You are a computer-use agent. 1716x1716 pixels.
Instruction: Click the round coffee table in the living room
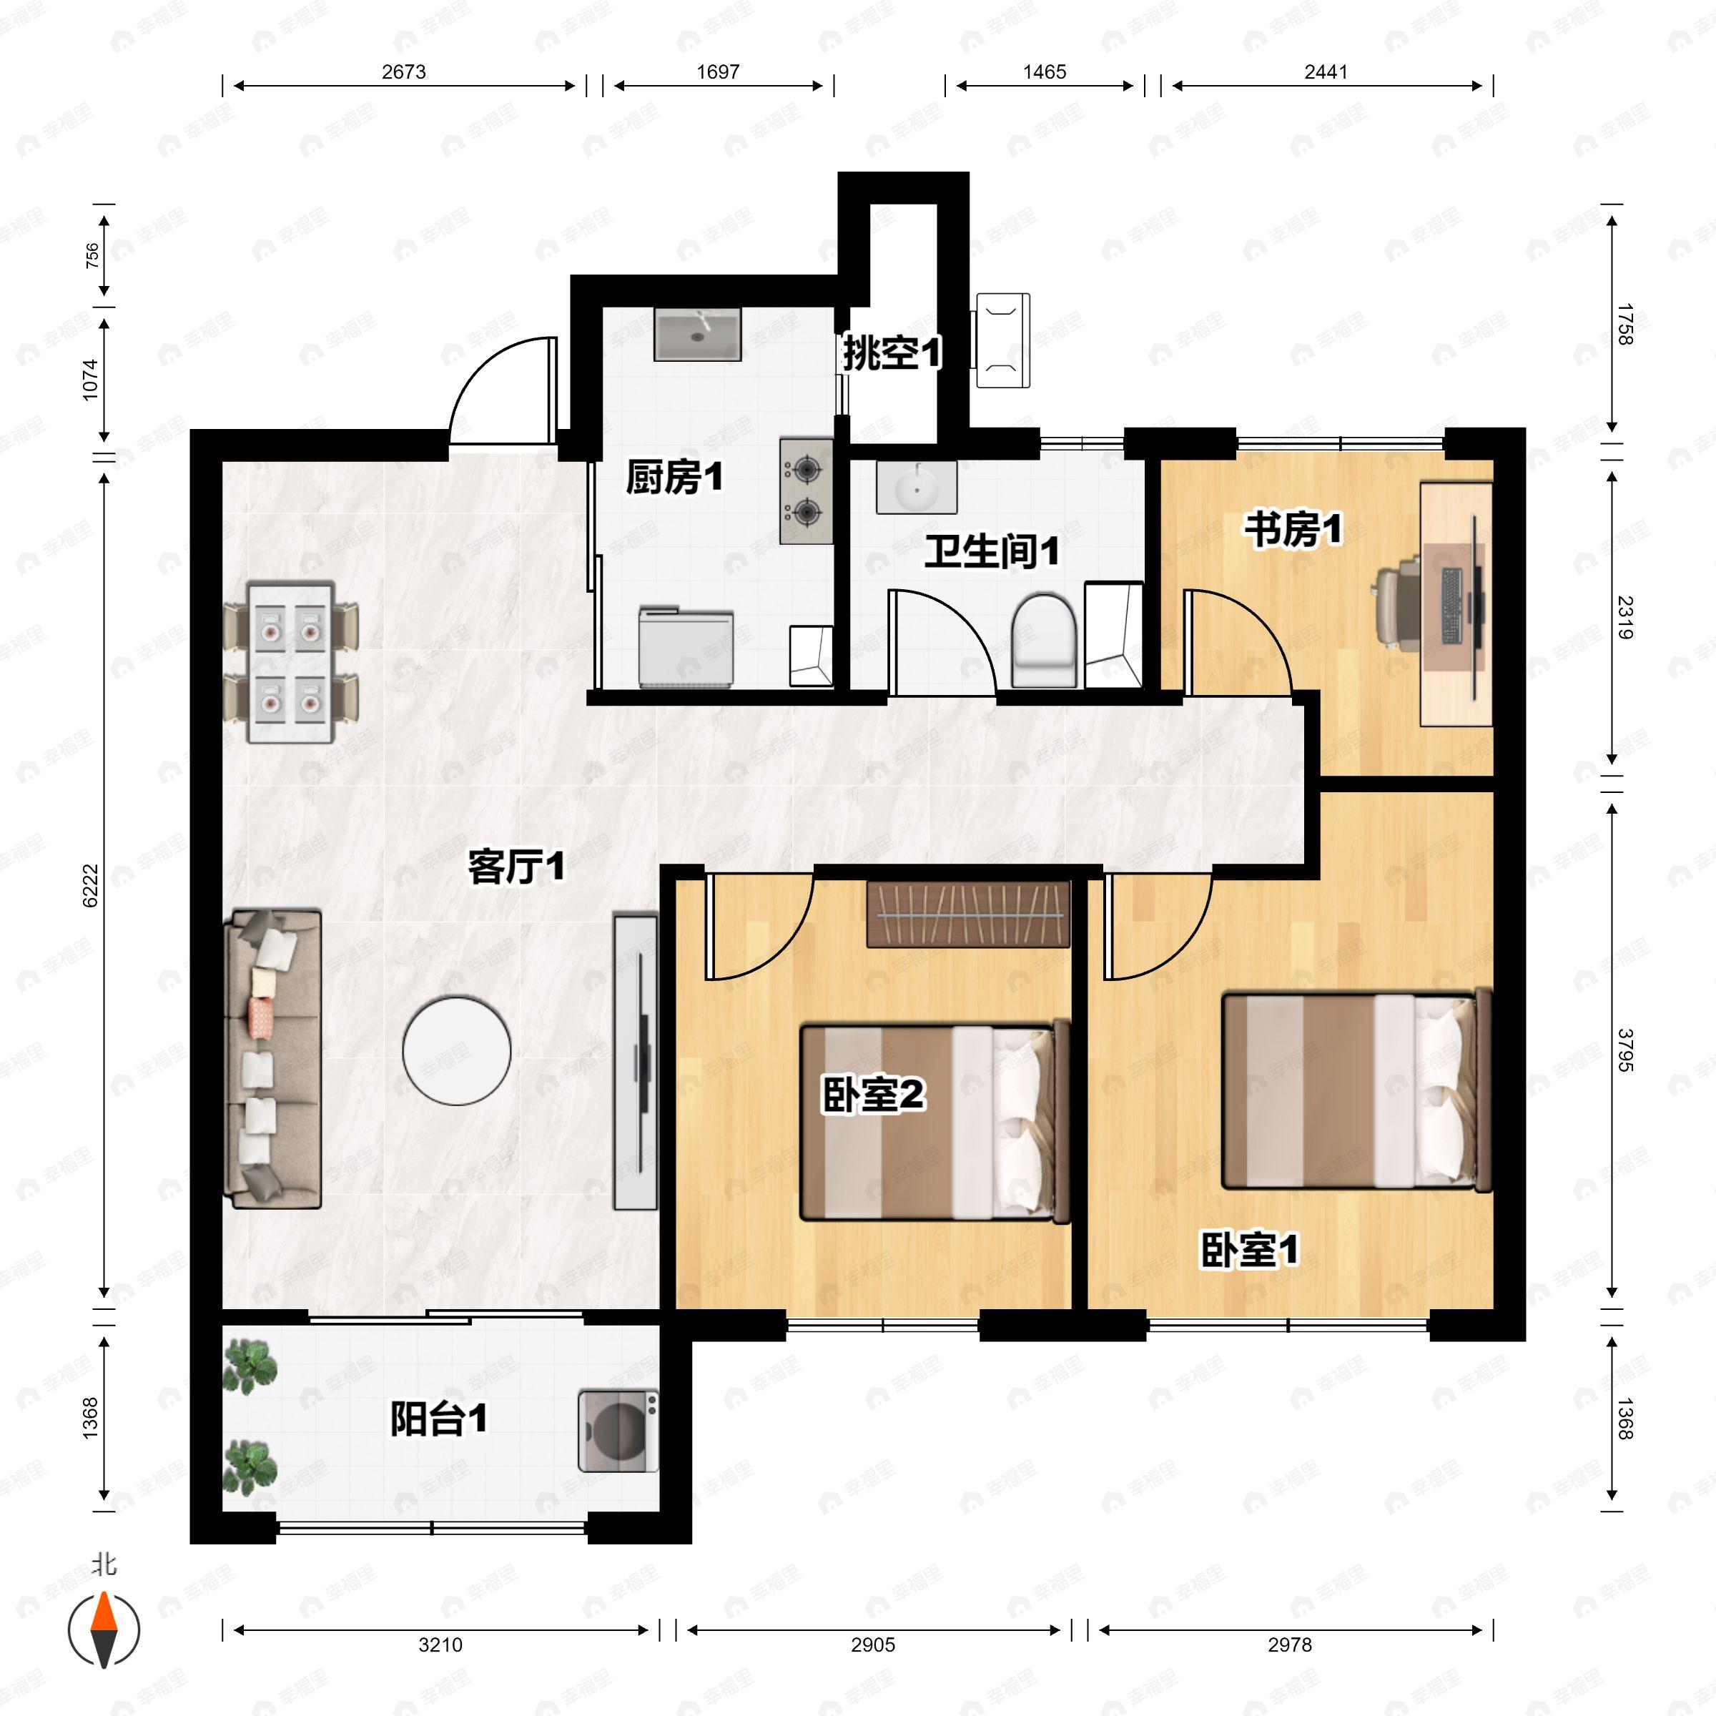point(457,1052)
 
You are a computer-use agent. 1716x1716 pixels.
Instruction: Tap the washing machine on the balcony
point(618,1431)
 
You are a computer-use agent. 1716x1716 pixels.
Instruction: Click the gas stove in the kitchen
point(807,490)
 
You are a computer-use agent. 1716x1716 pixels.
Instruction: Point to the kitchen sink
point(697,334)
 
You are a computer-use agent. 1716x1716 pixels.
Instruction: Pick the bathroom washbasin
point(916,487)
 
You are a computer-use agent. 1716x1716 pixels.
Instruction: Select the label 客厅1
point(516,866)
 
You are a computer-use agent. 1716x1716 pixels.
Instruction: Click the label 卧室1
point(1249,1250)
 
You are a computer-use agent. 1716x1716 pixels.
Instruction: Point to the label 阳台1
point(439,1419)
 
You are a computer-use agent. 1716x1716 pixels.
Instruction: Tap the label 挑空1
point(892,352)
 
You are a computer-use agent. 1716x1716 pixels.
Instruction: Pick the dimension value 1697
point(718,72)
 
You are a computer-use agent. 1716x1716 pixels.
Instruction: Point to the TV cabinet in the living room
point(636,1062)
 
